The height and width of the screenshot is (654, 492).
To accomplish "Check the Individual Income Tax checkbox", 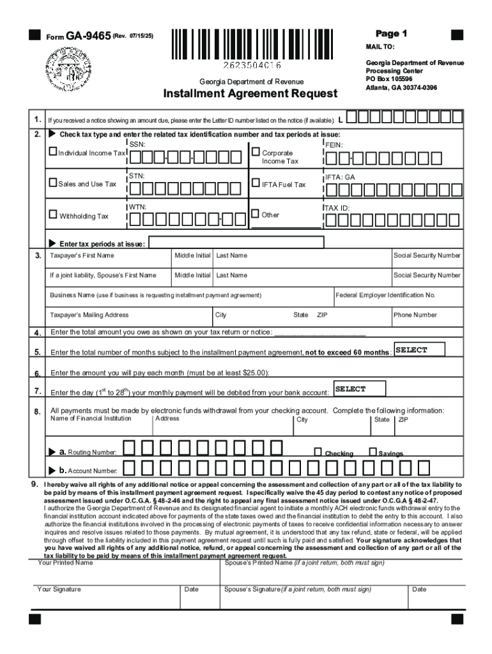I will (53, 153).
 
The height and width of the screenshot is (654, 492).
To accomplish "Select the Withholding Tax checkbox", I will (53, 215).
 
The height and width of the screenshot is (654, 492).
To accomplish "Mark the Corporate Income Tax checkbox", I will (256, 153).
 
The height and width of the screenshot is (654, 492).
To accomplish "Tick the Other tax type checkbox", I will (256, 214).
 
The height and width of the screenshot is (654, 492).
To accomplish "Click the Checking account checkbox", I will (318, 452).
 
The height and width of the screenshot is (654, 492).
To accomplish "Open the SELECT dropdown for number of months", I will (419, 350).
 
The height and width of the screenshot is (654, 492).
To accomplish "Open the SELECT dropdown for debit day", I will (359, 389).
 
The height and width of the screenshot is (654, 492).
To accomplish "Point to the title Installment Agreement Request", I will (250, 94).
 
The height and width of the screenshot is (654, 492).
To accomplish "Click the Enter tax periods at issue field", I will (236, 243).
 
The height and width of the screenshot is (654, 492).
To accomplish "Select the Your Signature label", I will (59, 589).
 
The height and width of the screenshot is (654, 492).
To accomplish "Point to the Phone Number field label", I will (415, 315).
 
